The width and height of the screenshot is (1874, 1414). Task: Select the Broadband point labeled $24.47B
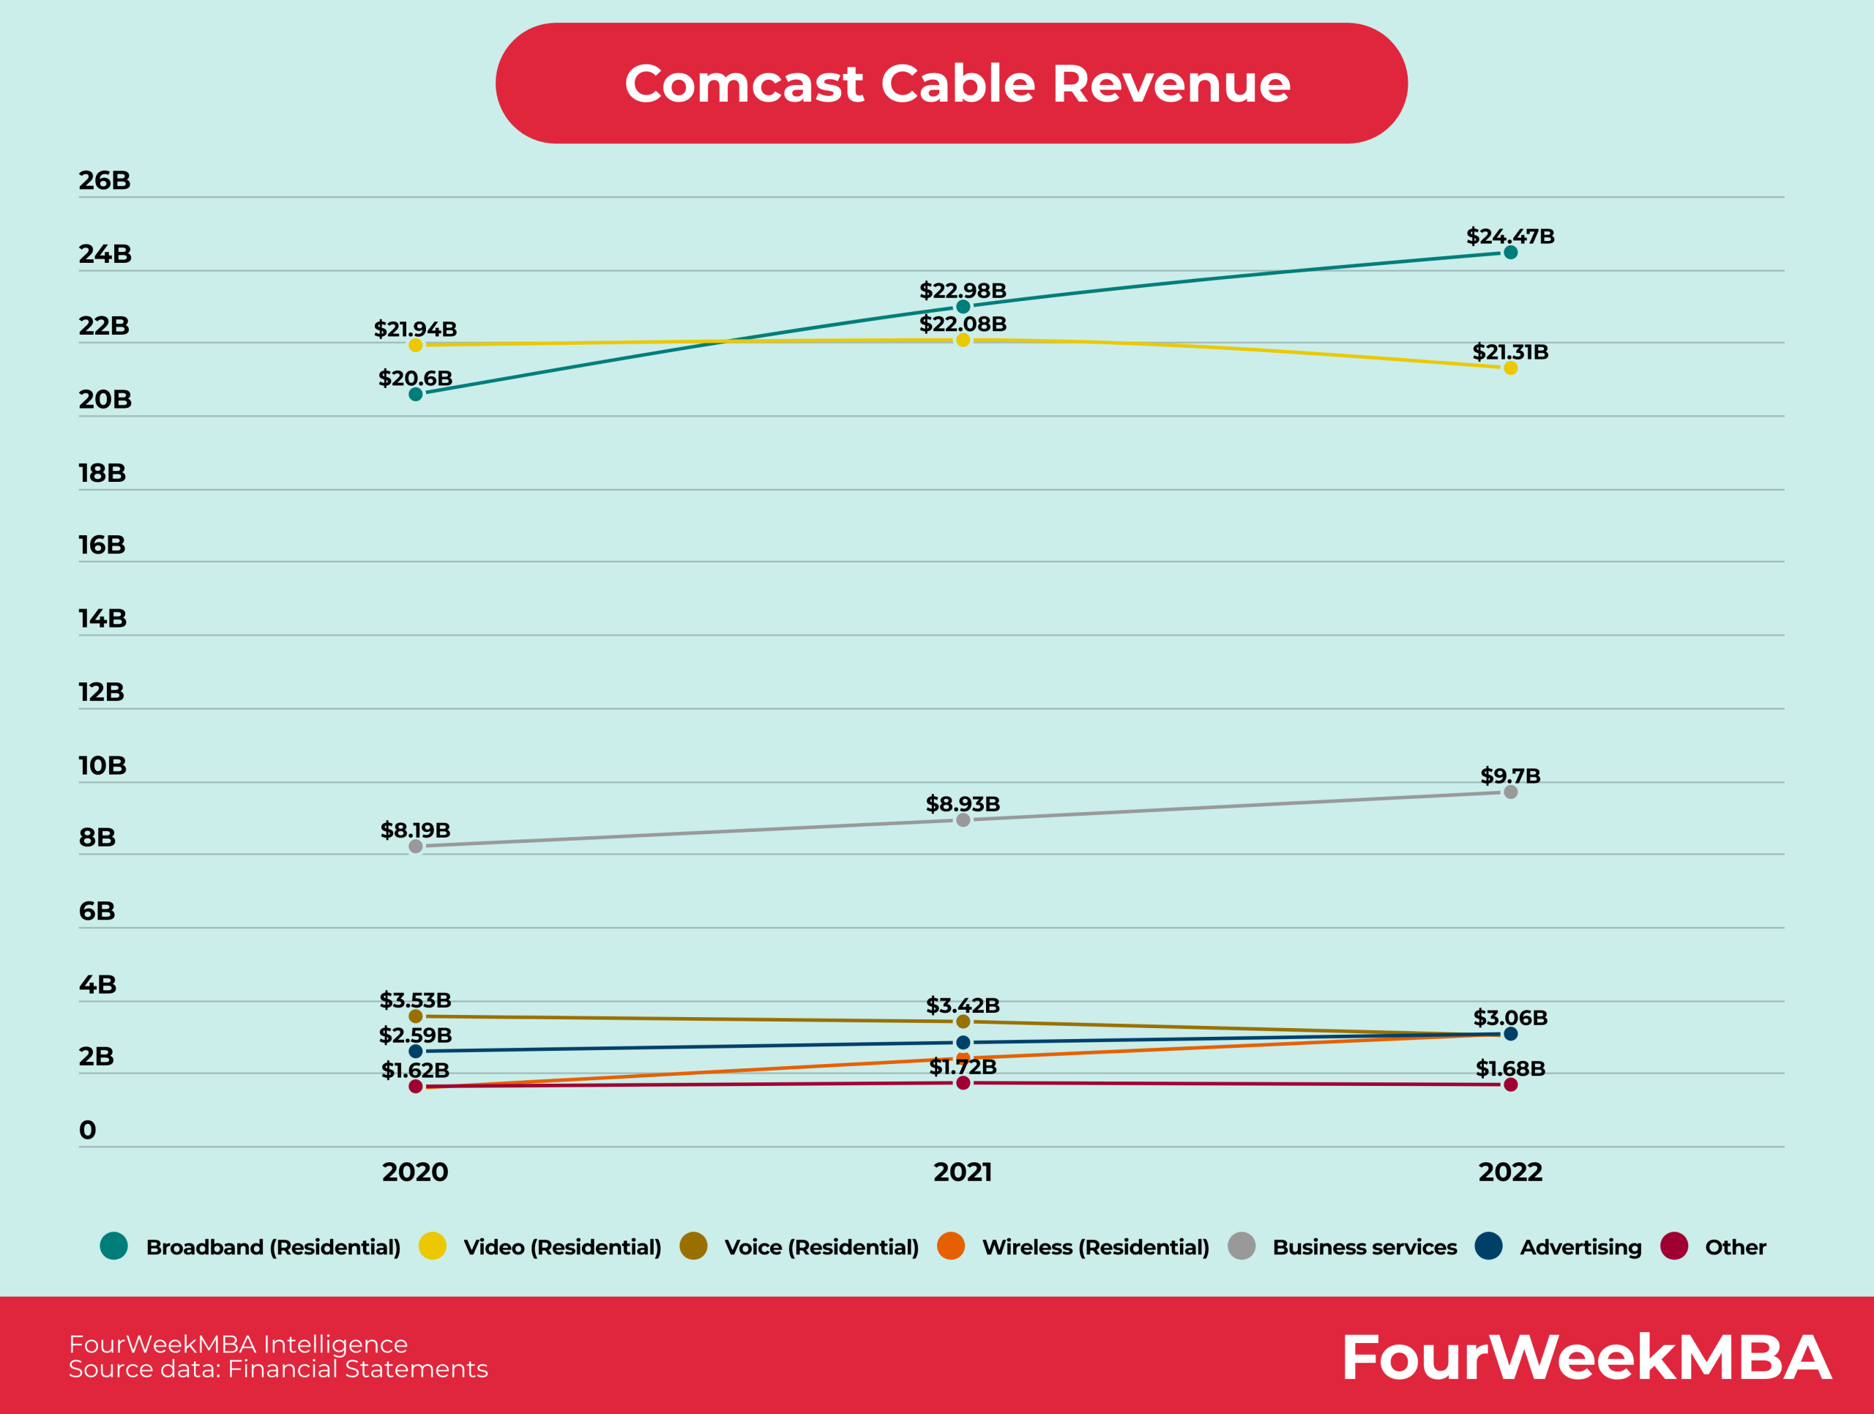pyautogui.click(x=1511, y=253)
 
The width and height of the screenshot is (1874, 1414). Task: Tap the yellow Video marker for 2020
pyautogui.click(x=415, y=345)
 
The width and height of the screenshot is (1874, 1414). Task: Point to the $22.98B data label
pyautogui.click(x=963, y=291)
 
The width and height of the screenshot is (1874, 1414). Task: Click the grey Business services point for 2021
pyautogui.click(x=963, y=820)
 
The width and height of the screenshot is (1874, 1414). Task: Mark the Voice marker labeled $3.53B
pyautogui.click(x=415, y=1016)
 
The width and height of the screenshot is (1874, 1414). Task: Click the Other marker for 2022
pyautogui.click(x=1511, y=1084)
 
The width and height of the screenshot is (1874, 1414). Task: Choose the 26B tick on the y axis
pyautogui.click(x=104, y=180)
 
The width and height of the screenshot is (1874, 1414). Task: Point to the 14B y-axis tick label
pyautogui.click(x=102, y=619)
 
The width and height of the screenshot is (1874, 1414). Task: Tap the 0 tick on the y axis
pyautogui.click(x=87, y=1129)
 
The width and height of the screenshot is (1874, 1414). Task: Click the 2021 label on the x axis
pyautogui.click(x=963, y=1172)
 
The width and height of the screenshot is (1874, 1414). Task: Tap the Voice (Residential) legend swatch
pyautogui.click(x=693, y=1246)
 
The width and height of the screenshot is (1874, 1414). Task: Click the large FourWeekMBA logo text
pyautogui.click(x=1586, y=1358)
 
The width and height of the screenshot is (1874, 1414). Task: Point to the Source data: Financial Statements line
pyautogui.click(x=278, y=1369)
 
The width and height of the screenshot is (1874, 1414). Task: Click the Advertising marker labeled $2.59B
pyautogui.click(x=415, y=1052)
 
